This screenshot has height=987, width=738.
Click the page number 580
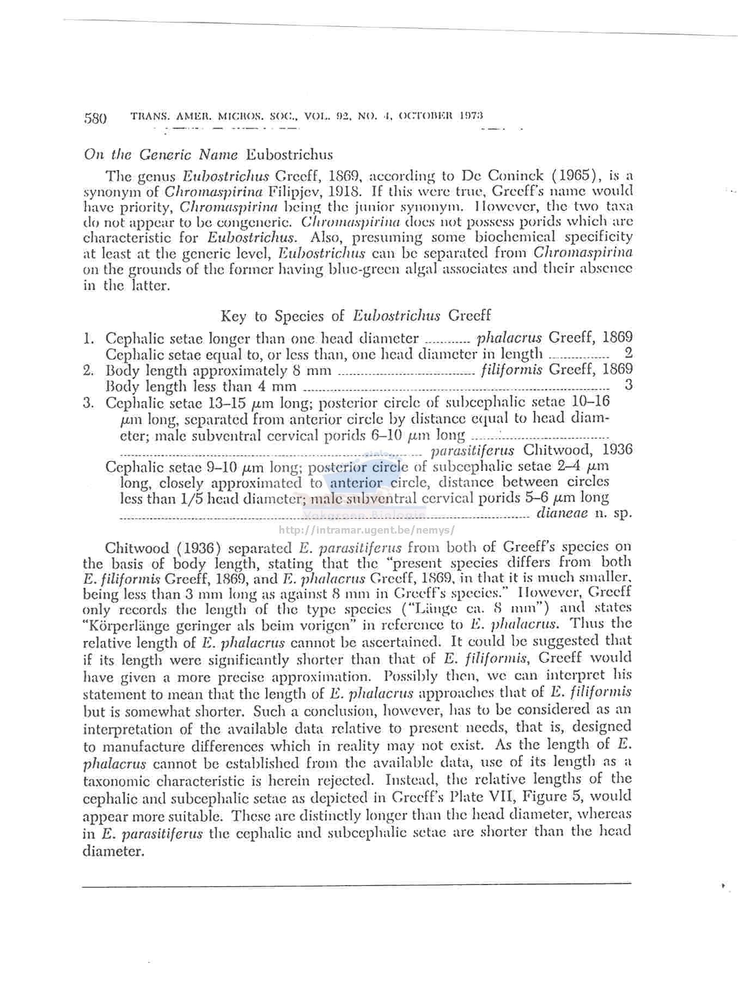click(x=95, y=118)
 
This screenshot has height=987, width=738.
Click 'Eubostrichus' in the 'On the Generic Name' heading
click(x=289, y=155)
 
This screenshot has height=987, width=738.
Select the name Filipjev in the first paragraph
click(x=293, y=191)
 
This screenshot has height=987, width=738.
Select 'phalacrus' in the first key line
click(x=509, y=338)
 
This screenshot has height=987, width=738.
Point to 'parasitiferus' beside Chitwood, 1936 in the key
click(x=472, y=451)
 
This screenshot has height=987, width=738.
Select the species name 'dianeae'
click(x=562, y=513)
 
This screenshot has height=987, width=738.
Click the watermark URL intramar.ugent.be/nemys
click(x=366, y=530)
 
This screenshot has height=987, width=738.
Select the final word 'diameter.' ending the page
click(x=113, y=851)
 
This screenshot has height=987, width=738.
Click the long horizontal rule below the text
click(x=356, y=884)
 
